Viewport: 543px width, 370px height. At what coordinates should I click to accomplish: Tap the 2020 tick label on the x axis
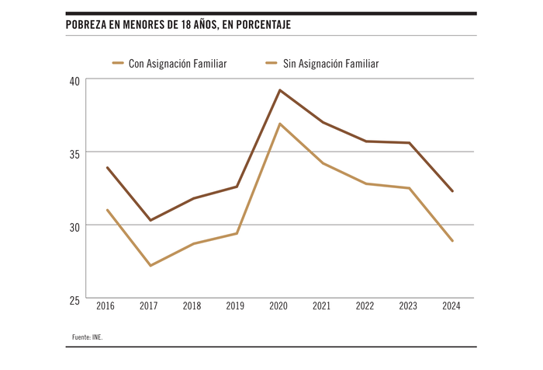click(x=278, y=306)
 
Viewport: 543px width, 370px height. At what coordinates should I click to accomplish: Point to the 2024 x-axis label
click(x=451, y=306)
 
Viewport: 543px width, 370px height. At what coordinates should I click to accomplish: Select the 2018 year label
click(x=192, y=306)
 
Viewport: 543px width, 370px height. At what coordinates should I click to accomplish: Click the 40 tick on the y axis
click(x=74, y=79)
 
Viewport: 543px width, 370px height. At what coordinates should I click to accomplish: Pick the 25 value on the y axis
click(x=74, y=299)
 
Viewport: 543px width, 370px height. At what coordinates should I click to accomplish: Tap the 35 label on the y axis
click(x=74, y=152)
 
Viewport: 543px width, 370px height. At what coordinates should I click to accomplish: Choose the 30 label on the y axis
click(x=74, y=225)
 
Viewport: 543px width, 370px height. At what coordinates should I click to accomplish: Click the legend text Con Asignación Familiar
click(x=178, y=64)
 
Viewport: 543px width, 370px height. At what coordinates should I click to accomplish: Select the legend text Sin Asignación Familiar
click(x=330, y=64)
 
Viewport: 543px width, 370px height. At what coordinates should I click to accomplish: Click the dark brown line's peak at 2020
click(x=279, y=90)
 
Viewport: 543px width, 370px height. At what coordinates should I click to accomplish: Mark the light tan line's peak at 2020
click(x=279, y=124)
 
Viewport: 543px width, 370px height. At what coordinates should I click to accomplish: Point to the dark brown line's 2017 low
click(x=150, y=220)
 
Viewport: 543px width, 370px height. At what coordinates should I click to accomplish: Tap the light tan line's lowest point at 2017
click(x=150, y=266)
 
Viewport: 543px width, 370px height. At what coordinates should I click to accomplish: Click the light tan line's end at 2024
click(x=452, y=241)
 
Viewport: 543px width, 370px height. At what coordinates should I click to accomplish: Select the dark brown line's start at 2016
click(x=107, y=167)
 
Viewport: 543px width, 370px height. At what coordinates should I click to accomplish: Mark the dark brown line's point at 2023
click(x=409, y=143)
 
